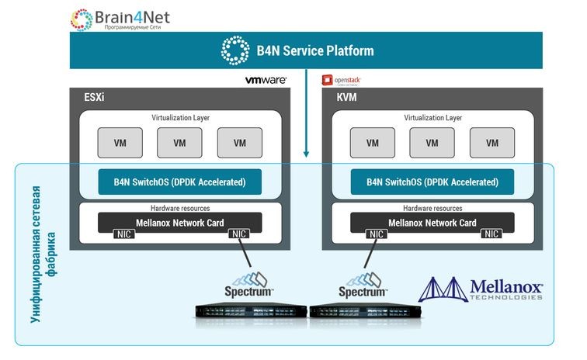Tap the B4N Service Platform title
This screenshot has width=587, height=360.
point(314,51)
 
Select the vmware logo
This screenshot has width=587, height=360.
point(266,80)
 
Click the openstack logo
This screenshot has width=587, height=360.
point(342,80)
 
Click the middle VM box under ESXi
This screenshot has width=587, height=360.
point(179,143)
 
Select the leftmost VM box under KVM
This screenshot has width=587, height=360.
point(372,143)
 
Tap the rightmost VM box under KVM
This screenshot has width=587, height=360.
point(492,143)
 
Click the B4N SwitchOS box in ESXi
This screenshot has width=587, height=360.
point(179,182)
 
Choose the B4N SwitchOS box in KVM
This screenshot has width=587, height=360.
point(432,182)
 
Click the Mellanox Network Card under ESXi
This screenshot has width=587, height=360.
point(179,223)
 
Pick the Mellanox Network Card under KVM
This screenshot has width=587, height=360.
point(432,223)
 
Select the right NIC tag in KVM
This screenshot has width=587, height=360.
point(491,234)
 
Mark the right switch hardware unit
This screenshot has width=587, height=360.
point(366,313)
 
